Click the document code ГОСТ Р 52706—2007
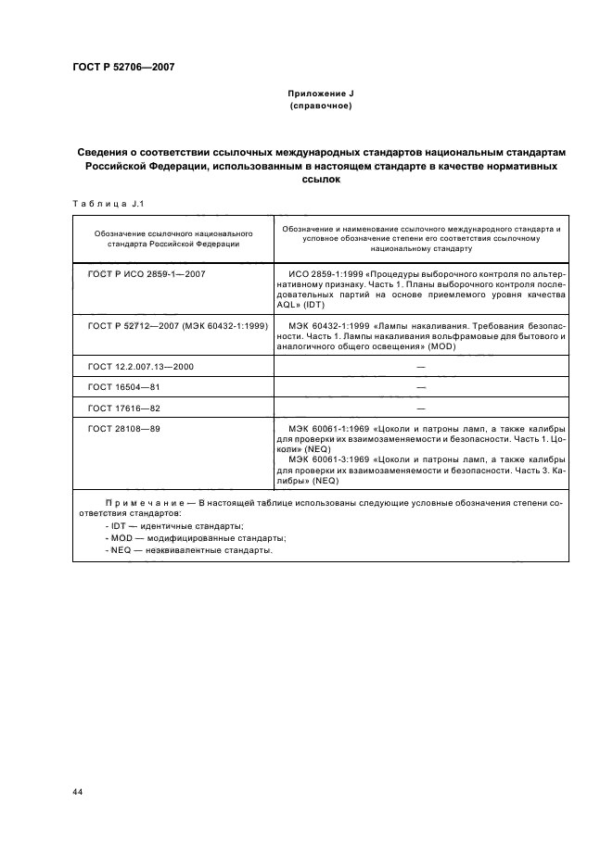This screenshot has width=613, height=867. pos(123,67)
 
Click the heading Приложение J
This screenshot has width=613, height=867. pos(320,94)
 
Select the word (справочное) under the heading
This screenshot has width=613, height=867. pos(320,107)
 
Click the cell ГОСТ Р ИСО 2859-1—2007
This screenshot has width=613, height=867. pos(146,275)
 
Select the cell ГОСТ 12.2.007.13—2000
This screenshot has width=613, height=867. pos(141,367)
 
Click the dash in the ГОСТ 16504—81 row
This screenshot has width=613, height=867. pos(420,387)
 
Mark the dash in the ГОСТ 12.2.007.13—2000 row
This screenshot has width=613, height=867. pos(420,367)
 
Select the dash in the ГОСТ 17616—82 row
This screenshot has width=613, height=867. pos(420,408)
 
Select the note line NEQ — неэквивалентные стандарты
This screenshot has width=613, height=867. pos(188,549)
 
